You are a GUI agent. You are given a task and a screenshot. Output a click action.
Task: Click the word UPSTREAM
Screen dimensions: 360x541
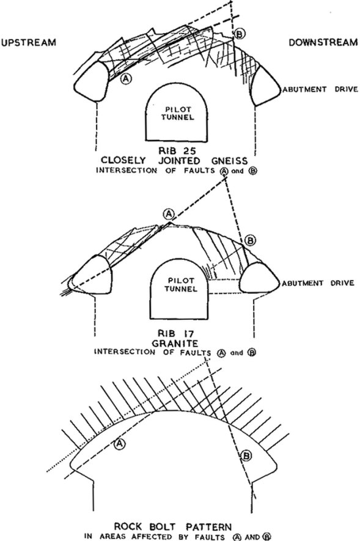click(29, 42)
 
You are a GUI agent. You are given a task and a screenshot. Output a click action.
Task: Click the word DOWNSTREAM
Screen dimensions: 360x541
click(323, 42)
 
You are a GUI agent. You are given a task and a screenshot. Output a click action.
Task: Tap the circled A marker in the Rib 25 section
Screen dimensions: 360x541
click(127, 79)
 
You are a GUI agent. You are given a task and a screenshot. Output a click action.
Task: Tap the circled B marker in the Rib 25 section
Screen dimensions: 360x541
click(240, 34)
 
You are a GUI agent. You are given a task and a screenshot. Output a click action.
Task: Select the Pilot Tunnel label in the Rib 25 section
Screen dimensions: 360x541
click(177, 114)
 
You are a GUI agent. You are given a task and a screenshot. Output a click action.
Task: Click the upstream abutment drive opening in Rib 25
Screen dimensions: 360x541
click(92, 82)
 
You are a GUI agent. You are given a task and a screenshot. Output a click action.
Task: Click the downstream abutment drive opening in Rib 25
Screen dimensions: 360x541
click(266, 86)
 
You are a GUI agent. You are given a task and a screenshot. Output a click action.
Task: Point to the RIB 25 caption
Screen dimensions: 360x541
click(177, 151)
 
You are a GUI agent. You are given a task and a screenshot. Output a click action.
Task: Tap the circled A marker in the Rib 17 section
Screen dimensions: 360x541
click(169, 215)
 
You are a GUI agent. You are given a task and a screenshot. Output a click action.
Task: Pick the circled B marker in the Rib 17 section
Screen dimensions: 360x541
click(251, 240)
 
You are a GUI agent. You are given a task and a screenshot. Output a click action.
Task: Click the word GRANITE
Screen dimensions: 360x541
click(176, 344)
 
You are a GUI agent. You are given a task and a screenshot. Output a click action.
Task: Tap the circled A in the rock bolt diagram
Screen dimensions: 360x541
click(119, 443)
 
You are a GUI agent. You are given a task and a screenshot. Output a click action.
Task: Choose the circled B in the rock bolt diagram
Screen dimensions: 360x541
click(246, 456)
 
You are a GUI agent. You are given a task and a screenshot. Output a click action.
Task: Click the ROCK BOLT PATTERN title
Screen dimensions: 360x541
click(173, 527)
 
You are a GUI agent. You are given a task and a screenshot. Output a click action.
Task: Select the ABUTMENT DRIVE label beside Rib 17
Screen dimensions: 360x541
click(318, 283)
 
